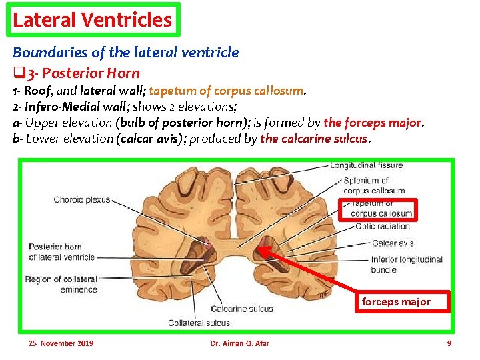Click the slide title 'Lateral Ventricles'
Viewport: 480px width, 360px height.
pos(92,20)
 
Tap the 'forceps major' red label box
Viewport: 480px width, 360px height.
pos(396,302)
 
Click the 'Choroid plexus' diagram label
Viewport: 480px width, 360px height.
pos(81,199)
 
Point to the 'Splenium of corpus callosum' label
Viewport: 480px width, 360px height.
pos(374,185)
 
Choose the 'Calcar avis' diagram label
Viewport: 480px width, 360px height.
pos(393,243)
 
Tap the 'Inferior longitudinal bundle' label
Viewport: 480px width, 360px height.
pos(407,265)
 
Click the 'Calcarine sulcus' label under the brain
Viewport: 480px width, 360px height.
pos(242,309)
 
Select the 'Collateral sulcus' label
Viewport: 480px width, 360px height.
pos(199,323)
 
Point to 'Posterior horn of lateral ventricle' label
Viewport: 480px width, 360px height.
pos(62,251)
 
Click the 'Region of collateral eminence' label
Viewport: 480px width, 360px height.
pos(61,284)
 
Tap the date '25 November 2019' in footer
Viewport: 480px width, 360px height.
pos(61,343)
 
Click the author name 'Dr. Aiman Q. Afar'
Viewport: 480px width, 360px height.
pos(239,343)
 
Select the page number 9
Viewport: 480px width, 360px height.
pos(449,343)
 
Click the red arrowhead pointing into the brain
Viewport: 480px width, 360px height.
pos(261,250)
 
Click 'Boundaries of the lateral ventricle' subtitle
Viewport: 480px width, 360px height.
pos(125,52)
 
